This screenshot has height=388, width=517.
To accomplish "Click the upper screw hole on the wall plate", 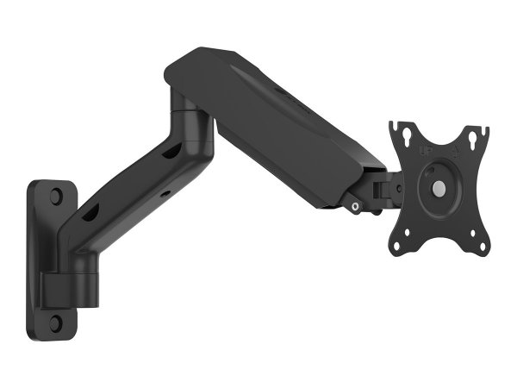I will point(56,197).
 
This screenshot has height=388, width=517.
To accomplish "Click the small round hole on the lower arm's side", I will point(165,195).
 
